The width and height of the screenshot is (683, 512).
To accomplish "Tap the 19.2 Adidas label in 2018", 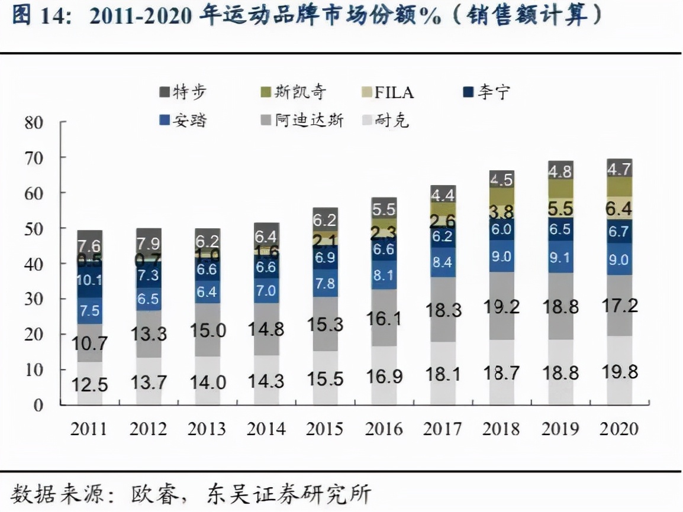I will tap(501, 306).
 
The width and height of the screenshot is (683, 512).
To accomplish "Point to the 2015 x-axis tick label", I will tap(325, 429).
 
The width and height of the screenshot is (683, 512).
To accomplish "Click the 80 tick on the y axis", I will tap(34, 123).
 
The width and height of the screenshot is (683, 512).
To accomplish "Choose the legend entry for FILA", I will tap(386, 92).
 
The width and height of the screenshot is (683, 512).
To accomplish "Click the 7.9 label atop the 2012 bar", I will tap(148, 244).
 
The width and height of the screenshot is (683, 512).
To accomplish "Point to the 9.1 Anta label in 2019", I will tap(560, 257).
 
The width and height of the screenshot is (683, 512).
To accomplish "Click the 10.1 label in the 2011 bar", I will tap(89, 280).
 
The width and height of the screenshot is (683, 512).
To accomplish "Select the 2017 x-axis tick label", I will tap(443, 429).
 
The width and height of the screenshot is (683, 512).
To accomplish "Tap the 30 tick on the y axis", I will tap(34, 299).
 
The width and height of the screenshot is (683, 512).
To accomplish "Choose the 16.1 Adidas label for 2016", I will tap(384, 318).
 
